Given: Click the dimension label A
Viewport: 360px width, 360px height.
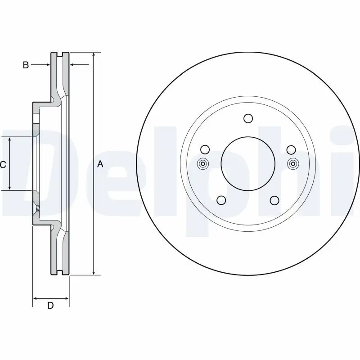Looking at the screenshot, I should pos(100,165).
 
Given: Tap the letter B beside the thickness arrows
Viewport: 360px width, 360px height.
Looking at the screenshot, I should pos(26,65).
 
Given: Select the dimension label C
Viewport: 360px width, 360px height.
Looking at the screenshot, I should pos(3,165).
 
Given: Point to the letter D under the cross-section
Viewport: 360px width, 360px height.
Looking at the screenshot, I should pos(51,306).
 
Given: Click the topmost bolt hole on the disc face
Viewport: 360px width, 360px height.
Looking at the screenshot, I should pos(247,118).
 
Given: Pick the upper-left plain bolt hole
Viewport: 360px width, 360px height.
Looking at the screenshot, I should pos(205,149).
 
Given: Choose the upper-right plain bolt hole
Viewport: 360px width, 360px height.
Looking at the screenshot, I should pos(290,149).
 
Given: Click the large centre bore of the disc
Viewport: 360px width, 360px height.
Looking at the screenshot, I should pos(247,164).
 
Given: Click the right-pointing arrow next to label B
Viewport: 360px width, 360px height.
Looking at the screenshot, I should pos(45,65).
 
